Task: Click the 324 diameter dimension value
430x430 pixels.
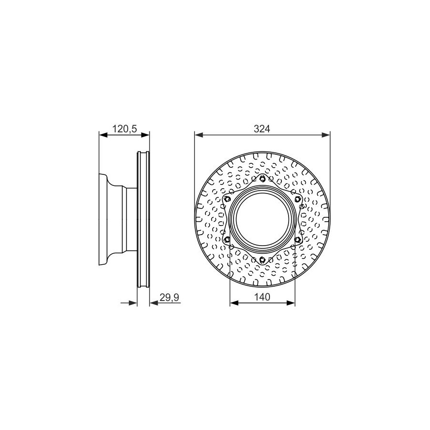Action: click(x=262, y=129)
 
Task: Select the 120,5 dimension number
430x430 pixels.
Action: click(x=125, y=129)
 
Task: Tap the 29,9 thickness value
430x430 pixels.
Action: click(x=170, y=297)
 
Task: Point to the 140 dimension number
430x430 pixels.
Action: click(x=262, y=297)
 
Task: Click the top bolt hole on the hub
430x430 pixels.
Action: click(x=262, y=179)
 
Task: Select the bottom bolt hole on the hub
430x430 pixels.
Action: click(x=262, y=259)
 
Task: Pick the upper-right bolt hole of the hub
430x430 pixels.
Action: click(x=297, y=199)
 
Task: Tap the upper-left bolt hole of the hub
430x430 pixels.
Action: click(x=227, y=198)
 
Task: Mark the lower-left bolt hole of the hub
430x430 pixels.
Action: click(x=227, y=240)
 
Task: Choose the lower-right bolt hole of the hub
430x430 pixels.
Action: click(x=297, y=240)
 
